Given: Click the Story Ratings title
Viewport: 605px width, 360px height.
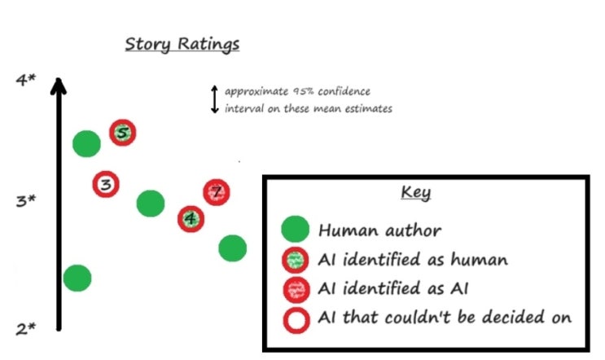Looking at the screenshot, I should pyautogui.click(x=182, y=43).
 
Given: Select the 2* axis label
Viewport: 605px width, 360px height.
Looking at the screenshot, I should pyautogui.click(x=27, y=329).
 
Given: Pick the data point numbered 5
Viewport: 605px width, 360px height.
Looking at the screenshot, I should pyautogui.click(x=122, y=132).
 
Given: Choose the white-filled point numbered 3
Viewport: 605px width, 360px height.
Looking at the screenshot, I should pyautogui.click(x=105, y=185).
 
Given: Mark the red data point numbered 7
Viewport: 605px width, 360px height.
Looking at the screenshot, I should pyautogui.click(x=216, y=193).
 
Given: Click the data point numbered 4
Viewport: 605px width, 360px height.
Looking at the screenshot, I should pyautogui.click(x=191, y=218).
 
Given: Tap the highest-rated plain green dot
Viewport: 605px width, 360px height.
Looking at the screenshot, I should pyautogui.click(x=86, y=144).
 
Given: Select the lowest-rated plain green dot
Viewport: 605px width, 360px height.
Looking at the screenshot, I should pyautogui.click(x=77, y=278).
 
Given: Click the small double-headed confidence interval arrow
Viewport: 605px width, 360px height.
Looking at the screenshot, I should pyautogui.click(x=215, y=98).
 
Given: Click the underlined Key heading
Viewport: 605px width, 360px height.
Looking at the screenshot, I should pyautogui.click(x=416, y=193).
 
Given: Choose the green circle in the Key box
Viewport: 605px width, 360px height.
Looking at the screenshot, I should pyautogui.click(x=294, y=230).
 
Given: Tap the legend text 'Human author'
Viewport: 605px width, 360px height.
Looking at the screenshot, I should pyautogui.click(x=379, y=231).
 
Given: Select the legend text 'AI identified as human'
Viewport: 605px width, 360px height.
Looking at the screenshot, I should pyautogui.click(x=413, y=260).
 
